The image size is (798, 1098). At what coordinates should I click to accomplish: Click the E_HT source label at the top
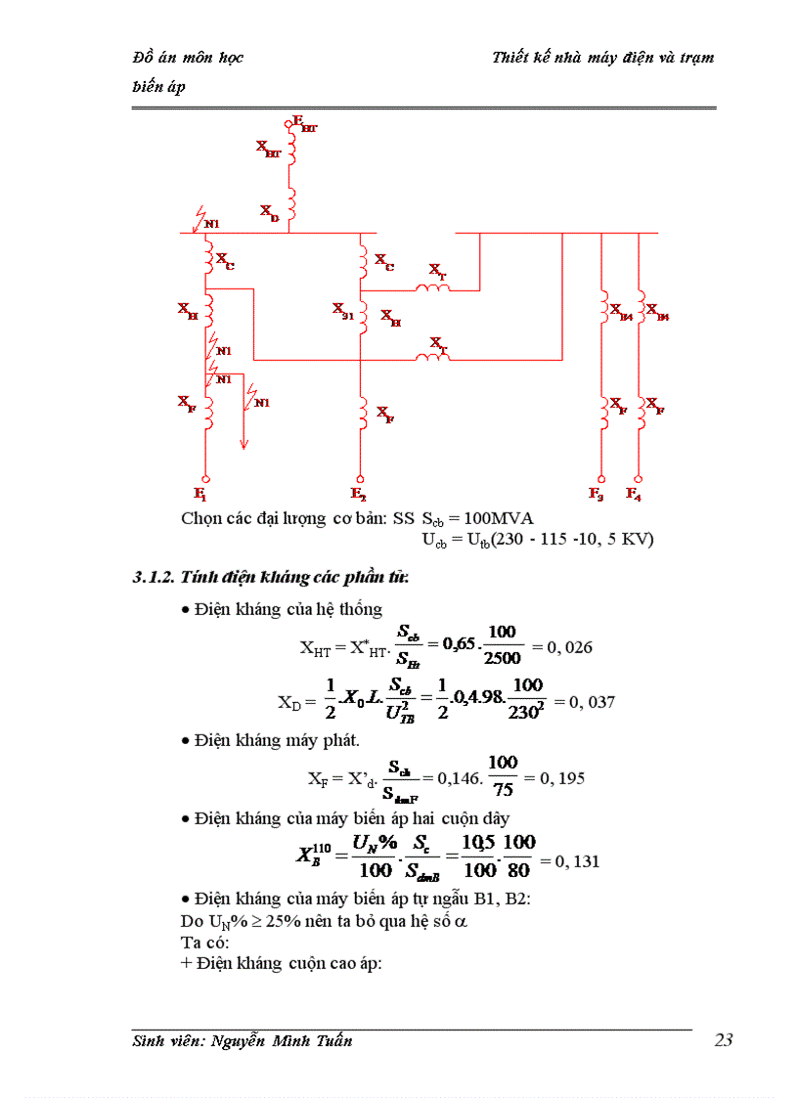click(x=305, y=124)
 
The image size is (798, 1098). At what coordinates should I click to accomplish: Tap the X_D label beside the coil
click(x=269, y=212)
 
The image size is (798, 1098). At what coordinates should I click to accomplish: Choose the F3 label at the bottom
click(x=597, y=493)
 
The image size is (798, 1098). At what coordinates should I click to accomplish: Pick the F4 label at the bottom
click(x=634, y=493)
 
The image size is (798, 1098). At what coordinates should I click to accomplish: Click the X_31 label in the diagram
click(x=342, y=310)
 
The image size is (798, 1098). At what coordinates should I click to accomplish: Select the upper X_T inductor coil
click(x=431, y=287)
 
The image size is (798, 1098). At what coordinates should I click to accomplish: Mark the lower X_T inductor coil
click(x=431, y=359)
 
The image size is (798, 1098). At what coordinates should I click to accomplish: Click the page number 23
click(x=723, y=1040)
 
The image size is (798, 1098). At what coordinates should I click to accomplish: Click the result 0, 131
click(x=577, y=861)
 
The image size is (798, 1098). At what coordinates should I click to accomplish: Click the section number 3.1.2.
click(x=154, y=577)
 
